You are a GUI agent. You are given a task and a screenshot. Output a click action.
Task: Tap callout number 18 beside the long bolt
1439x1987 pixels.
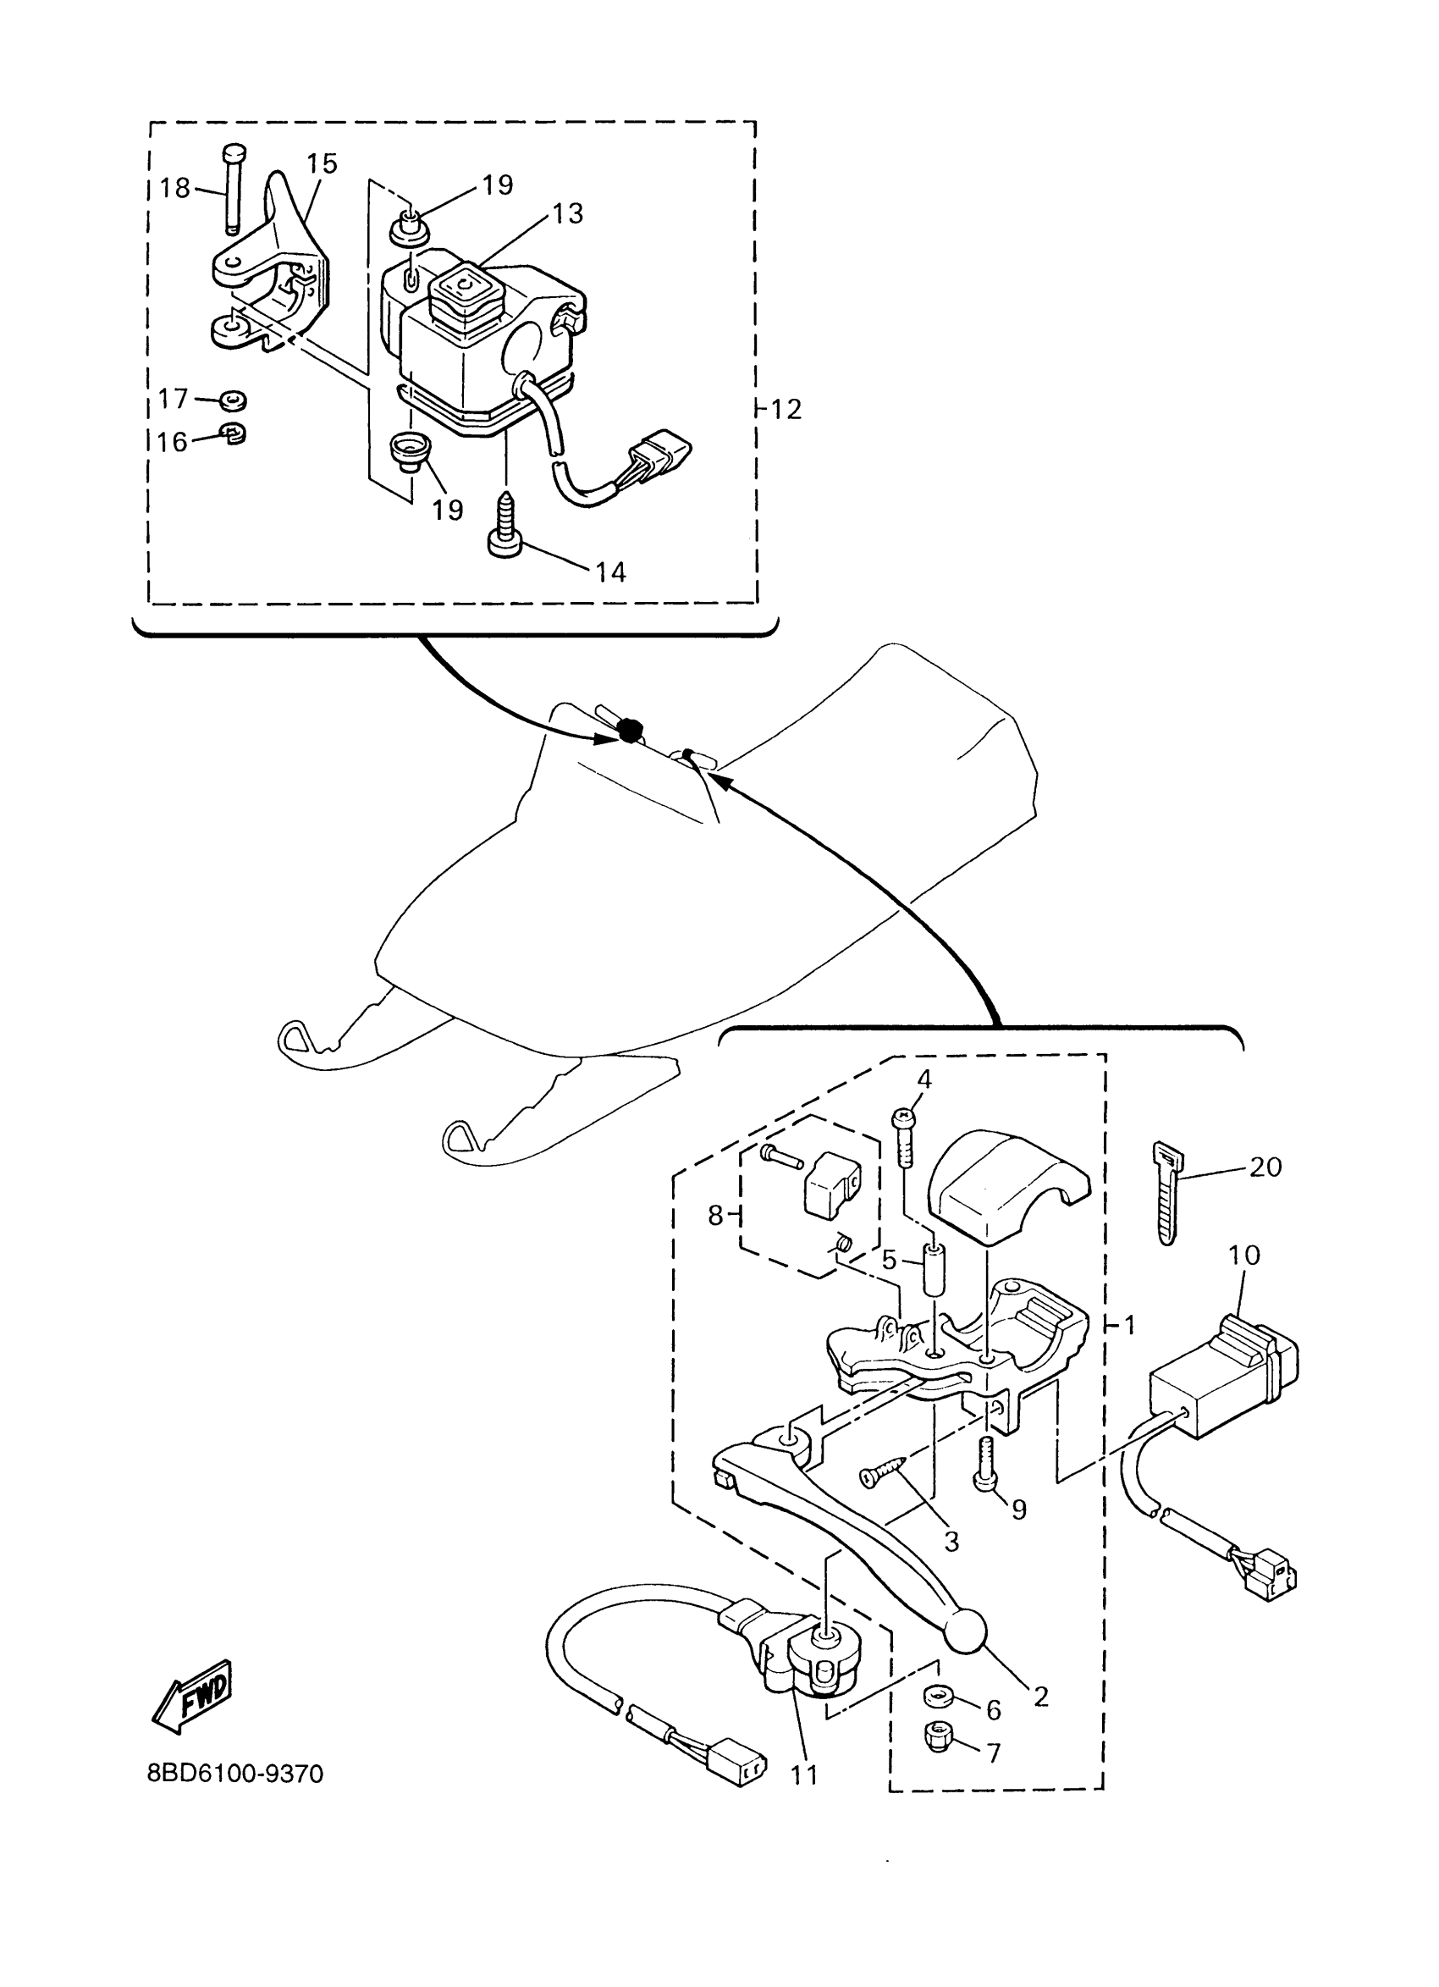click(175, 187)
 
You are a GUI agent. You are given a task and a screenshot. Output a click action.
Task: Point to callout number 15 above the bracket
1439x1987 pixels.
click(323, 164)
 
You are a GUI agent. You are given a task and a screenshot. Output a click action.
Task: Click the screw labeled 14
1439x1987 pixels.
click(505, 526)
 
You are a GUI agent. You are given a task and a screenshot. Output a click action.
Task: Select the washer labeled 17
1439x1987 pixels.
click(233, 400)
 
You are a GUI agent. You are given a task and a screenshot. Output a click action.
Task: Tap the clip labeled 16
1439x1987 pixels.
click(233, 433)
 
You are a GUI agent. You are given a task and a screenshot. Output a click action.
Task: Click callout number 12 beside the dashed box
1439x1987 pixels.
click(786, 409)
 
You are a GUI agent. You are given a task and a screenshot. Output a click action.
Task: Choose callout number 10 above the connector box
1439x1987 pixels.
click(1243, 1256)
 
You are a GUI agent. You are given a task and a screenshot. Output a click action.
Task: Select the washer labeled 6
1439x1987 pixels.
click(939, 1699)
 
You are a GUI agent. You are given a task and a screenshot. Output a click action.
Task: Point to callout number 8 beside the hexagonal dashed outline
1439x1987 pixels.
click(716, 1215)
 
